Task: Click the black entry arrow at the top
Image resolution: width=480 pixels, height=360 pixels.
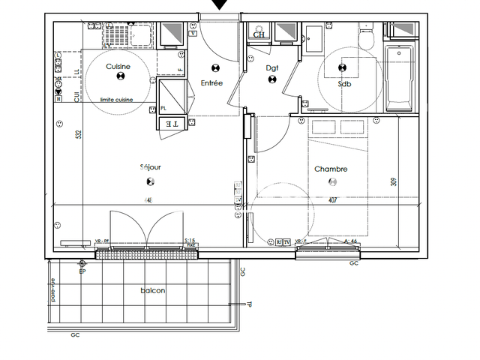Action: coord(219,5)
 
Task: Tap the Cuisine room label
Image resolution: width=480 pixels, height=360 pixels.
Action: coord(118,67)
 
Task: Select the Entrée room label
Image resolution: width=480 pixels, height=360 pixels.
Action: coord(211,83)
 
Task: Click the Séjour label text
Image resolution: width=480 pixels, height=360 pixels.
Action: coord(150,167)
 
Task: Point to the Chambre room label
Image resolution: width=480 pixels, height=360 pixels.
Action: coord(331,169)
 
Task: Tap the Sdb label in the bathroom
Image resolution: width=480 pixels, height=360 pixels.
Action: coord(344,84)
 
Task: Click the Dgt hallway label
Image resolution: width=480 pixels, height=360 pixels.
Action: coord(272,68)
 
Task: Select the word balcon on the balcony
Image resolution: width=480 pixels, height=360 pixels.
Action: coord(152,291)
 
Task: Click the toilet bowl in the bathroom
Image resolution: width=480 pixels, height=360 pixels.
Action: coord(366,41)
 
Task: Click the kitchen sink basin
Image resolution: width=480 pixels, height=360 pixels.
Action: coord(117,34)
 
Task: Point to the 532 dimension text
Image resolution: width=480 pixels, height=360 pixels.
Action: coord(78,135)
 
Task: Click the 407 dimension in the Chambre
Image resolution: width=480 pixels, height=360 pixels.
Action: coord(332,200)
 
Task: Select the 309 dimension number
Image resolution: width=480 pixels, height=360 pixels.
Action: coord(393,181)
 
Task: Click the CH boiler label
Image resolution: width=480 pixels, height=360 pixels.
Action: coord(259,34)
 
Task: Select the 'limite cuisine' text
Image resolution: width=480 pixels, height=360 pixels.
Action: coord(116,99)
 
